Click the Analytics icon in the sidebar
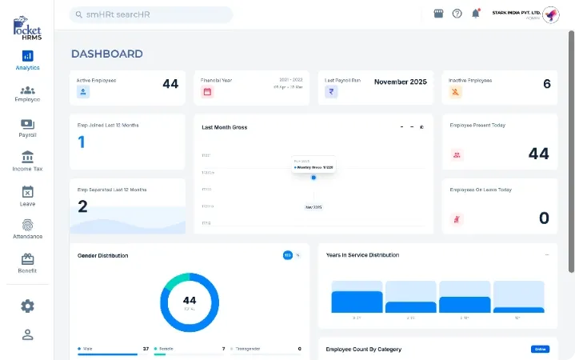[x=27, y=56]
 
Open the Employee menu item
[x=27, y=90]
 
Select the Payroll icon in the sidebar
[x=27, y=124]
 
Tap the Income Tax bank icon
[x=27, y=157]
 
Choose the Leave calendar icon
[x=27, y=192]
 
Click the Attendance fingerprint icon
[x=27, y=225]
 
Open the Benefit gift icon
[x=27, y=259]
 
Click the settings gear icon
[x=27, y=306]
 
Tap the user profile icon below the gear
[x=27, y=334]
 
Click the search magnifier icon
[x=78, y=14]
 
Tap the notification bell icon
[x=476, y=14]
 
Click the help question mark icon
[x=457, y=14]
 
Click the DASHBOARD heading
[x=107, y=54]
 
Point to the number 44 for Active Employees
[x=170, y=83]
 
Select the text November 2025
[x=400, y=82]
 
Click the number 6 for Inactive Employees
[x=547, y=83]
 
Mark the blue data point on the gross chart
[x=313, y=177]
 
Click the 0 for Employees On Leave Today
[x=544, y=218]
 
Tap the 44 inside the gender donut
[x=190, y=301]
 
